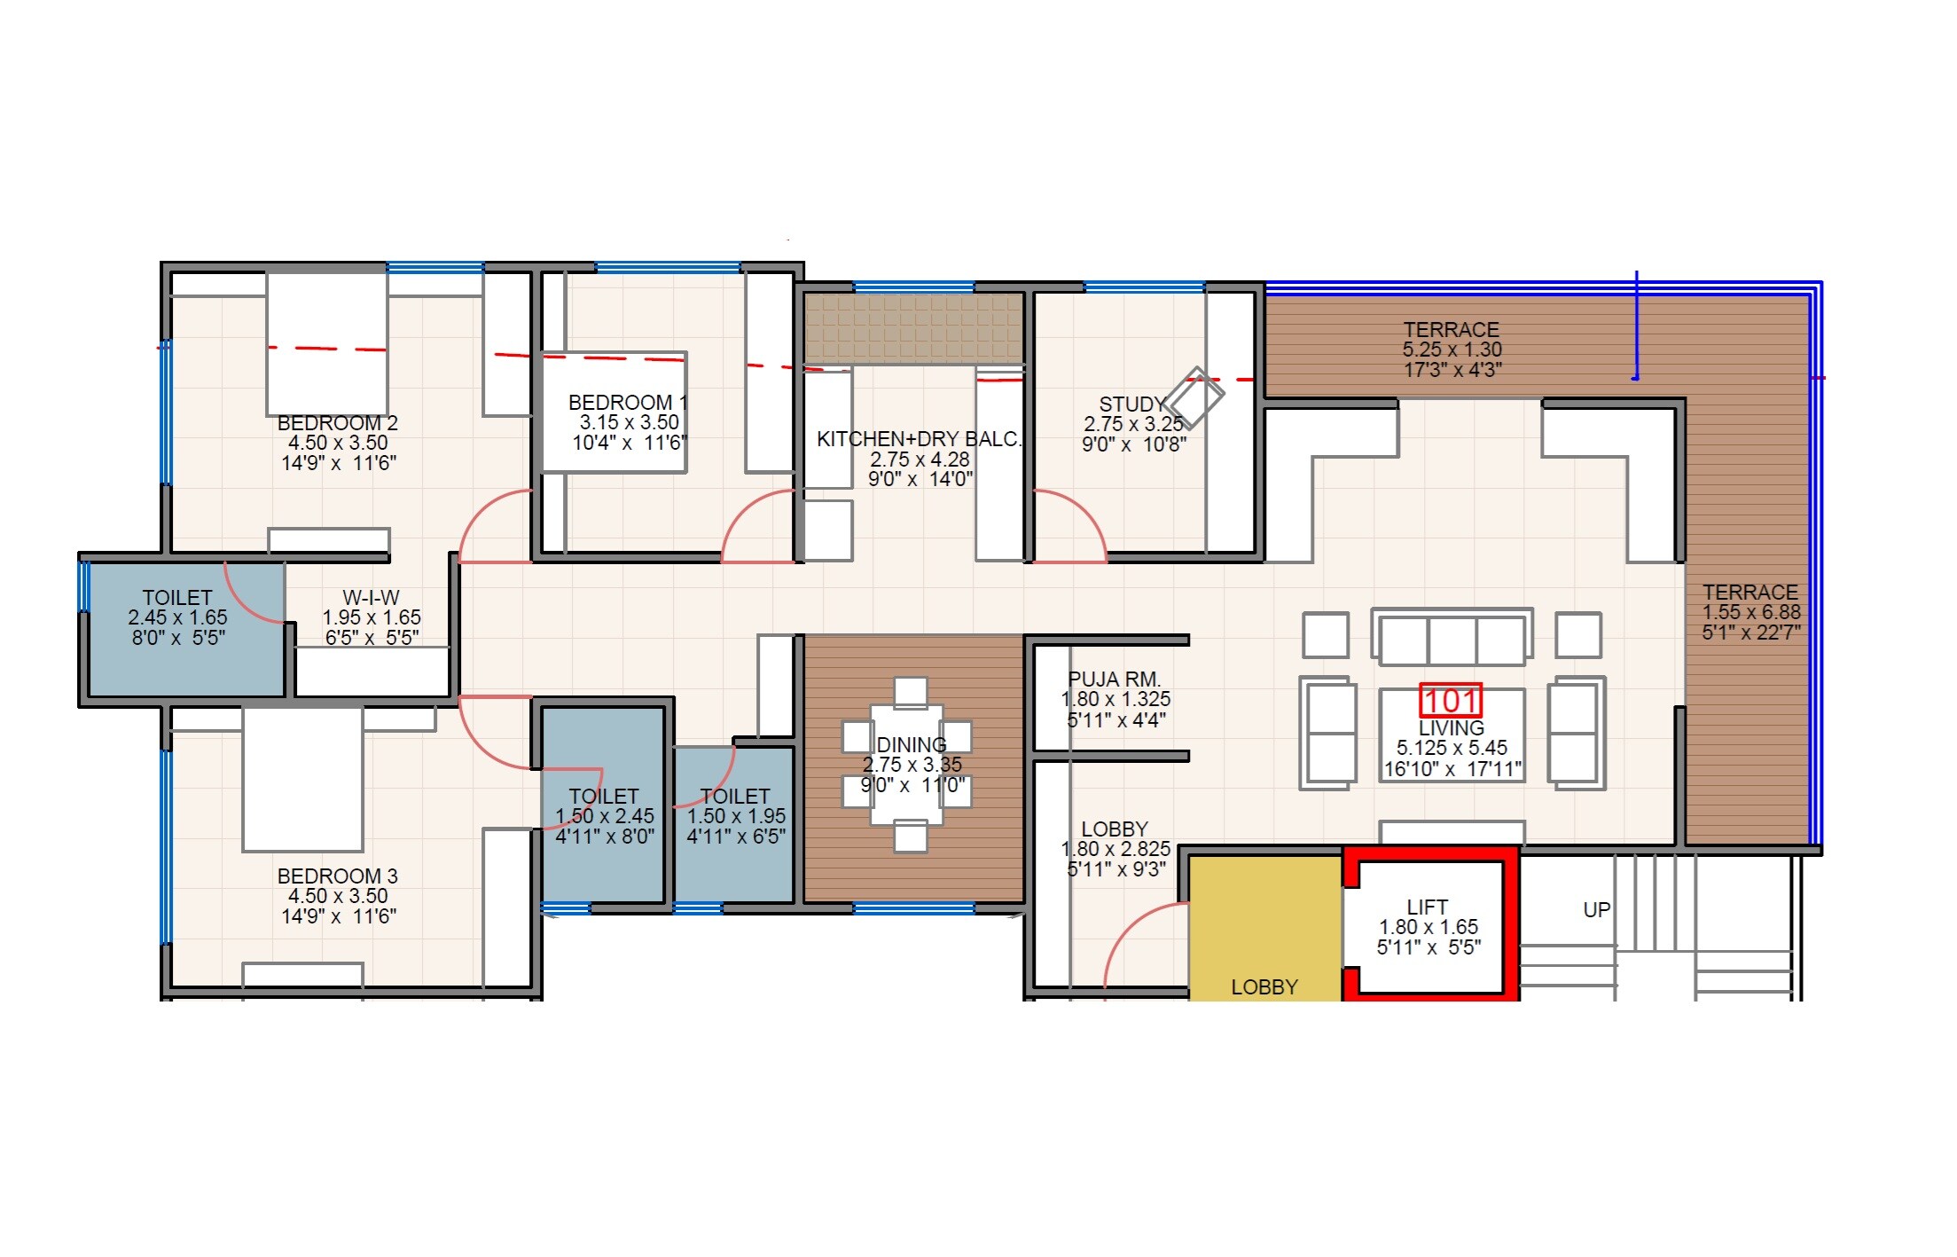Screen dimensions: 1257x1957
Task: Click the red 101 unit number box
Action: tap(1451, 701)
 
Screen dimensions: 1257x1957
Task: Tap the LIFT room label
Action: tap(1428, 907)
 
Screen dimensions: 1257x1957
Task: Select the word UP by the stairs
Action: tap(1596, 910)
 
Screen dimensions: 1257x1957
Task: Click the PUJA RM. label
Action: tap(1115, 680)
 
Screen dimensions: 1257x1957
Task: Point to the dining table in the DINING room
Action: tap(907, 764)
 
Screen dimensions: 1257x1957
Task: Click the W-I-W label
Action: tap(371, 598)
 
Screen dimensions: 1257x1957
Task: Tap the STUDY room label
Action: tap(1131, 405)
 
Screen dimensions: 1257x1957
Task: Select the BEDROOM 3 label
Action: tap(337, 876)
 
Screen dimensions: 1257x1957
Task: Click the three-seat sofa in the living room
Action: tap(1452, 636)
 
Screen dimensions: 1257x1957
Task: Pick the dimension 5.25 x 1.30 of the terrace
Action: tap(1452, 350)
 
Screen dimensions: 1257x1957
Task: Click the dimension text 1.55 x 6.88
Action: tap(1751, 612)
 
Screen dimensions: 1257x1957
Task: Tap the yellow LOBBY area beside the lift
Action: tap(1264, 931)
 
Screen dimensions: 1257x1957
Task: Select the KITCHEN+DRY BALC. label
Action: tap(919, 439)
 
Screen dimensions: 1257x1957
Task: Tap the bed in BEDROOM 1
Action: tap(614, 413)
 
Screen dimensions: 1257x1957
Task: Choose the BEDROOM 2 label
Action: tap(337, 423)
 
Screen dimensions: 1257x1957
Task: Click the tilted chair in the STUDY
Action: tap(1194, 397)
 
